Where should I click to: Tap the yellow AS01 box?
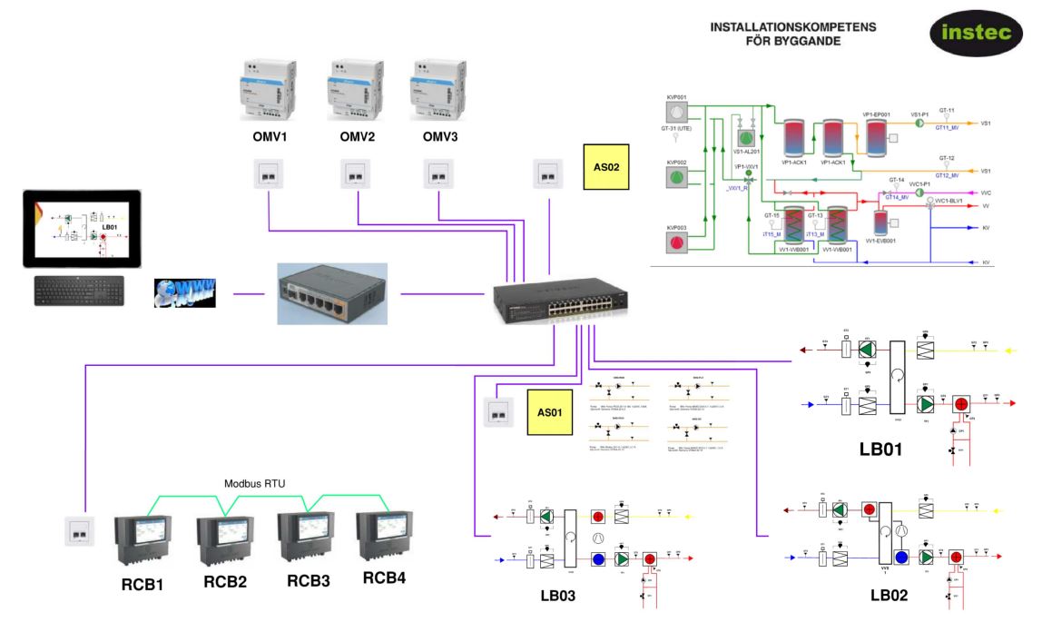click(x=550, y=412)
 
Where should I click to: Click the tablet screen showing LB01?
click(x=82, y=228)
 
